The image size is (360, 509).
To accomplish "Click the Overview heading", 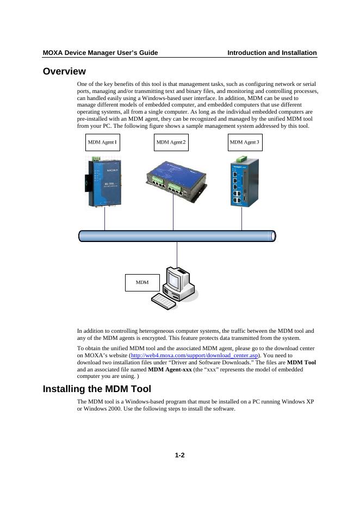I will (64, 71).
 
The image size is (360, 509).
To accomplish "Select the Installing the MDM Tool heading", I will (97, 389).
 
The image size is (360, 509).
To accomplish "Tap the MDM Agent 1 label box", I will (103, 142).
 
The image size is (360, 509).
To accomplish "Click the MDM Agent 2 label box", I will (171, 142).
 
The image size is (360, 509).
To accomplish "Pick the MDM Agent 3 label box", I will (245, 142).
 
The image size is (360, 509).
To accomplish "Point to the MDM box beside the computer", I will (142, 282).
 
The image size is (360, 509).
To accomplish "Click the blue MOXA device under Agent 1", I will (103, 183).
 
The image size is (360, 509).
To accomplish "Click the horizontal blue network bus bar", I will (177, 235).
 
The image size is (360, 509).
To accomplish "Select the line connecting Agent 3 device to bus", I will (241, 218).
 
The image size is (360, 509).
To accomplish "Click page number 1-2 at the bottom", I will (180, 456).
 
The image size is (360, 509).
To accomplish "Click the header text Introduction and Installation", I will (272, 53).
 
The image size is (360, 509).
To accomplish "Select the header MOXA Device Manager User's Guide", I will (101, 53).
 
